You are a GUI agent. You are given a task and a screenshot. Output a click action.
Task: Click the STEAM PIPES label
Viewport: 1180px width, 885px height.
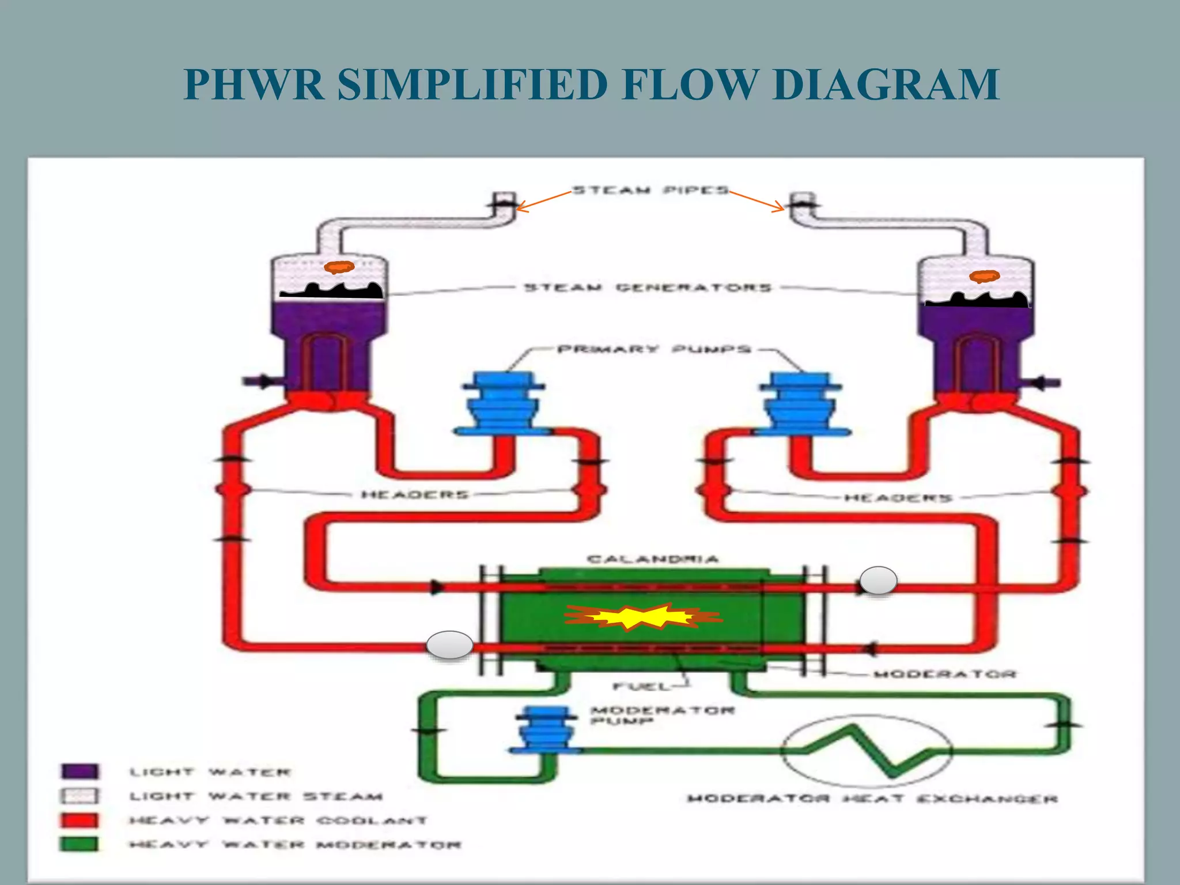[x=650, y=191]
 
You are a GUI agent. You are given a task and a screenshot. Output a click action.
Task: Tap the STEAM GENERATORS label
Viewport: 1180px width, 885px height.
[x=647, y=288]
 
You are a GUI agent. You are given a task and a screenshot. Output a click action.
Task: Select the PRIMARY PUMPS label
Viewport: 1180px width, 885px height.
[x=655, y=349]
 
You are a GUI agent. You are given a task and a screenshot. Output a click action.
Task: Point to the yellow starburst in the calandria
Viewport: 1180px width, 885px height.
[x=642, y=617]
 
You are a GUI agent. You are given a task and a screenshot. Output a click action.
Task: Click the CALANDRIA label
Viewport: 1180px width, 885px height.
[x=653, y=559]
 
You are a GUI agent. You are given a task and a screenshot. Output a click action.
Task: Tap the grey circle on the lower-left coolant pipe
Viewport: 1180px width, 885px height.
[x=449, y=645]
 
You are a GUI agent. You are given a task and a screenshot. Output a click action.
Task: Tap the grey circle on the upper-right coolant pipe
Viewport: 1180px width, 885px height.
[x=878, y=580]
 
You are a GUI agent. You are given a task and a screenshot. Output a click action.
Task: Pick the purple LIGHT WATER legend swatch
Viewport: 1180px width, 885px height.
[x=80, y=771]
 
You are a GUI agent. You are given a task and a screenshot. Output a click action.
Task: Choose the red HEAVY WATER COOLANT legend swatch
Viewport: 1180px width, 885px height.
[x=80, y=820]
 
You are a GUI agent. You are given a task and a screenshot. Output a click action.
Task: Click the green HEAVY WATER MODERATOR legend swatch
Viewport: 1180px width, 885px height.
[x=80, y=844]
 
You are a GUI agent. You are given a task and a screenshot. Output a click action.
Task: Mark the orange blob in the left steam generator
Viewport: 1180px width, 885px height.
[x=339, y=267]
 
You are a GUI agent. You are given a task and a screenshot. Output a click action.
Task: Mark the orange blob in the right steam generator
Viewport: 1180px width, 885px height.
[x=984, y=277]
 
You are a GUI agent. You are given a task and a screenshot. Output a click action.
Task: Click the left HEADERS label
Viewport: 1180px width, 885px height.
[x=415, y=494]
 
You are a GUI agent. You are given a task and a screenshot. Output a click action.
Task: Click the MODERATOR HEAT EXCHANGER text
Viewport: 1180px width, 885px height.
[x=872, y=799]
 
